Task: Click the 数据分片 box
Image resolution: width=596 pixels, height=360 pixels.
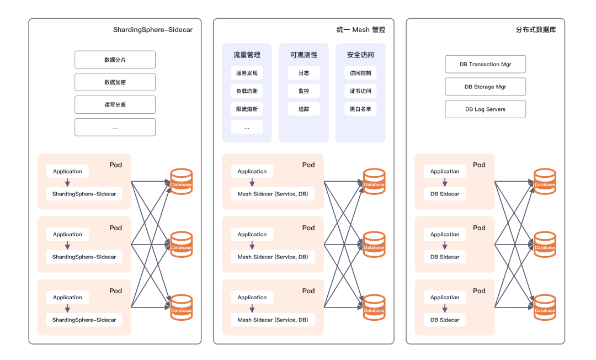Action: [115, 60]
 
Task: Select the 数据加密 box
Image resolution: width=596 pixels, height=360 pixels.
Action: [115, 82]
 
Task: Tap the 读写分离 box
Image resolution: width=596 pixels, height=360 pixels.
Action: [115, 104]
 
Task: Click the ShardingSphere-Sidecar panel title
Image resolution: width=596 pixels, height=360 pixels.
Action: [153, 30]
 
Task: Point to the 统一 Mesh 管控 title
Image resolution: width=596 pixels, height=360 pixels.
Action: [361, 30]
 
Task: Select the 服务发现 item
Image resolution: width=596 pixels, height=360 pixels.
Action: [247, 73]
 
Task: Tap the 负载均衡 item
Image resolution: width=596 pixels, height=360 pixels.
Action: [247, 91]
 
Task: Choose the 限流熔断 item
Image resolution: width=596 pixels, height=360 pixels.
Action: [247, 109]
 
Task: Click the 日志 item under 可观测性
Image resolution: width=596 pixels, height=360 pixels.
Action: [304, 73]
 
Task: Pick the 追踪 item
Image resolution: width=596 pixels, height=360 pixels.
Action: [304, 109]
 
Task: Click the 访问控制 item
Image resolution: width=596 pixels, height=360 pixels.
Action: [360, 73]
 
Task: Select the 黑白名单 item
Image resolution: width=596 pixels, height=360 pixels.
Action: [360, 109]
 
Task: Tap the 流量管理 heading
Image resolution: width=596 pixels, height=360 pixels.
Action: [247, 55]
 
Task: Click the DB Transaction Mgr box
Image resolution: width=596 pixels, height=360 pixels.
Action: [485, 64]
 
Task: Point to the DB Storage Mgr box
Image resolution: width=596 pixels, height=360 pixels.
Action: [485, 87]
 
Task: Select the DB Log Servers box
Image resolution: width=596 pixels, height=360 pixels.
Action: [485, 109]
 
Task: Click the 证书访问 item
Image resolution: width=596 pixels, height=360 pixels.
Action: [360, 91]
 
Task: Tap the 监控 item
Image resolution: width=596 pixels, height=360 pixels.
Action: [304, 91]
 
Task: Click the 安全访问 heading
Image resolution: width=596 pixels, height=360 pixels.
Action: [360, 55]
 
